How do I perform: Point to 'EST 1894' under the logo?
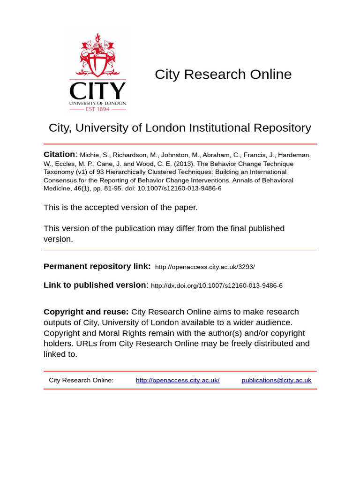(x=97, y=109)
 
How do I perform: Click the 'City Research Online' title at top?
(x=223, y=74)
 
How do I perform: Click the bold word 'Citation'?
(x=60, y=155)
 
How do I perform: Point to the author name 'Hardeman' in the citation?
(x=295, y=155)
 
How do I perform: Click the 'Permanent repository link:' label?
(x=97, y=266)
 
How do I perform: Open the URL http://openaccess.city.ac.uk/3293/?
(x=205, y=267)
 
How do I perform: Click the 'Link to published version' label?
(x=95, y=285)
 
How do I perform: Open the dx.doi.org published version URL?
(x=217, y=285)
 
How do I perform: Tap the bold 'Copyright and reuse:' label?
(x=86, y=312)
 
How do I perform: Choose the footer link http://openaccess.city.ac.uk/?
(x=178, y=380)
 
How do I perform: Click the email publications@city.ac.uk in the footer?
(x=276, y=380)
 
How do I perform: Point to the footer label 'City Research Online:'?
(x=81, y=380)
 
